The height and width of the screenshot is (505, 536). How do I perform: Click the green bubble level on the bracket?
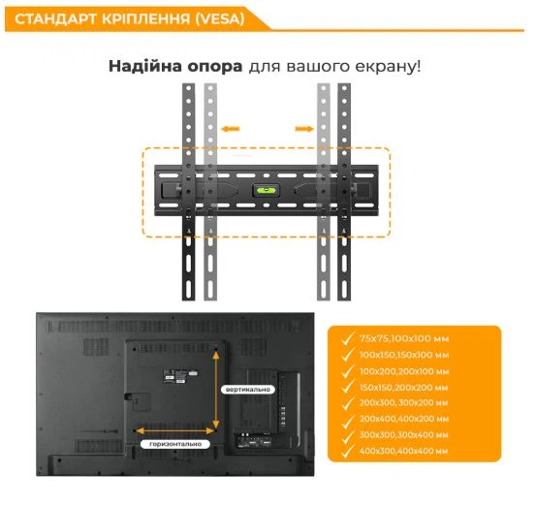pyautogui.click(x=266, y=190)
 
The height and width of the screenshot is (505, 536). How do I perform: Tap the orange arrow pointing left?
pyautogui.click(x=230, y=129)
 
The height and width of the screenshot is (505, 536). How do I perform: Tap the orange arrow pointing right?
pyautogui.click(x=304, y=129)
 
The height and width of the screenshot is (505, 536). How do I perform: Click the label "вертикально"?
pyautogui.click(x=248, y=390)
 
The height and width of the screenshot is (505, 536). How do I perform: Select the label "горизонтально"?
pyautogui.click(x=175, y=444)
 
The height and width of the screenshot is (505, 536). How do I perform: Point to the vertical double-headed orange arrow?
pyautogui.click(x=216, y=390)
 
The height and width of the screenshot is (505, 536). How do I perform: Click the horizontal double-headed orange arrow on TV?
pyautogui.click(x=175, y=430)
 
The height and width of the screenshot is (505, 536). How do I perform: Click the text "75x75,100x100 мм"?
pyautogui.click(x=404, y=338)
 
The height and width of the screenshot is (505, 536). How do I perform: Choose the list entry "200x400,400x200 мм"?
pyautogui.click(x=404, y=419)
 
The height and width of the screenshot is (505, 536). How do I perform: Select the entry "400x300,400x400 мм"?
pyautogui.click(x=404, y=451)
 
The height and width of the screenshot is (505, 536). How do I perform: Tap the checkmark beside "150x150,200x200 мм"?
pyautogui.click(x=348, y=387)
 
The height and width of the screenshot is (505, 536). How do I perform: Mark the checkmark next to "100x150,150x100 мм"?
pyautogui.click(x=348, y=355)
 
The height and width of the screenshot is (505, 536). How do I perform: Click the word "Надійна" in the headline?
pyautogui.click(x=145, y=66)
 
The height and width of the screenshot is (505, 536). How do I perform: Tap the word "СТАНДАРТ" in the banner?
pyautogui.click(x=55, y=19)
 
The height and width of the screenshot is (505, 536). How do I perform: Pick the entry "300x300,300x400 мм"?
pyautogui.click(x=404, y=435)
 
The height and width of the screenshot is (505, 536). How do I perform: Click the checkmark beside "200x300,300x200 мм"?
pyautogui.click(x=348, y=403)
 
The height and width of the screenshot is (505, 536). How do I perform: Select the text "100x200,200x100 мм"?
pyautogui.click(x=404, y=371)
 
